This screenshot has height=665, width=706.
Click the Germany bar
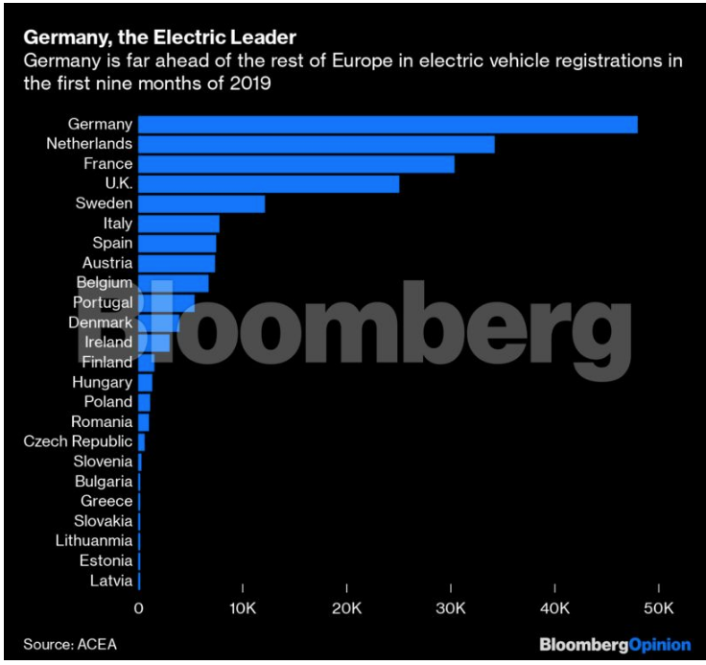(x=388, y=124)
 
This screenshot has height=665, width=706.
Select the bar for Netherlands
(x=317, y=144)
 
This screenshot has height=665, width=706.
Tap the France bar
(x=296, y=164)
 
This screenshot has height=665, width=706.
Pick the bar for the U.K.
(x=269, y=183)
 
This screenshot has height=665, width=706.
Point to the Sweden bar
(x=201, y=203)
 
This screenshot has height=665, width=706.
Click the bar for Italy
(x=179, y=224)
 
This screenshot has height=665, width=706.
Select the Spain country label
(x=112, y=243)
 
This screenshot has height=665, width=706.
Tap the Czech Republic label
(x=78, y=441)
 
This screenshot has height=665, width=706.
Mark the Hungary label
(x=102, y=382)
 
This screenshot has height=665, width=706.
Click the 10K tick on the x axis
(x=243, y=608)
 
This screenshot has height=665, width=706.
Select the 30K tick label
(x=451, y=608)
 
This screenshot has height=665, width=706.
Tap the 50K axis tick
(x=659, y=608)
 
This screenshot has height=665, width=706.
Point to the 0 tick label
(x=139, y=608)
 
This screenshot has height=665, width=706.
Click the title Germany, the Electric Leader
(x=159, y=37)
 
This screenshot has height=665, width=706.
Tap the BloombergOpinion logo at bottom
(x=614, y=643)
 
